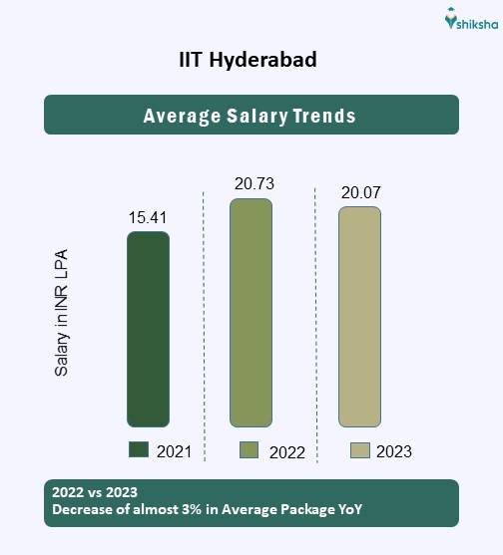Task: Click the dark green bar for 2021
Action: (148, 329)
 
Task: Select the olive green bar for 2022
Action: (251, 312)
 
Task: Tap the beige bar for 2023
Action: (359, 316)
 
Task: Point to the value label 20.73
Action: (253, 183)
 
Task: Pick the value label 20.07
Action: (361, 192)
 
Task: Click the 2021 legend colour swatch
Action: (139, 449)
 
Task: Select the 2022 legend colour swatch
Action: (250, 449)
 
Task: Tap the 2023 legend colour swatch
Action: (360, 449)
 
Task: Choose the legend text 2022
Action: (287, 451)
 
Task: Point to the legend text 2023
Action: (394, 451)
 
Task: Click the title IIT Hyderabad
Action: (249, 61)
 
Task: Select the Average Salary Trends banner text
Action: (250, 116)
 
